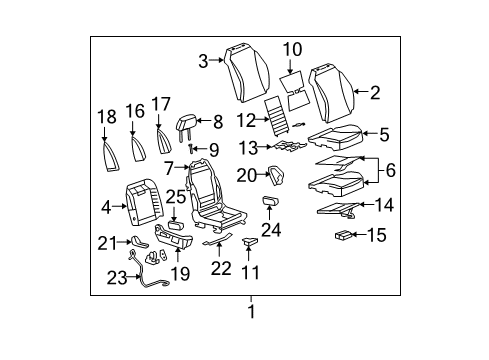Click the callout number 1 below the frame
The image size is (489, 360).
click(251, 311)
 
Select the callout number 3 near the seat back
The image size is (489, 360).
click(203, 61)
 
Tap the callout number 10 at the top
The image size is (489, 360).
click(291, 49)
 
